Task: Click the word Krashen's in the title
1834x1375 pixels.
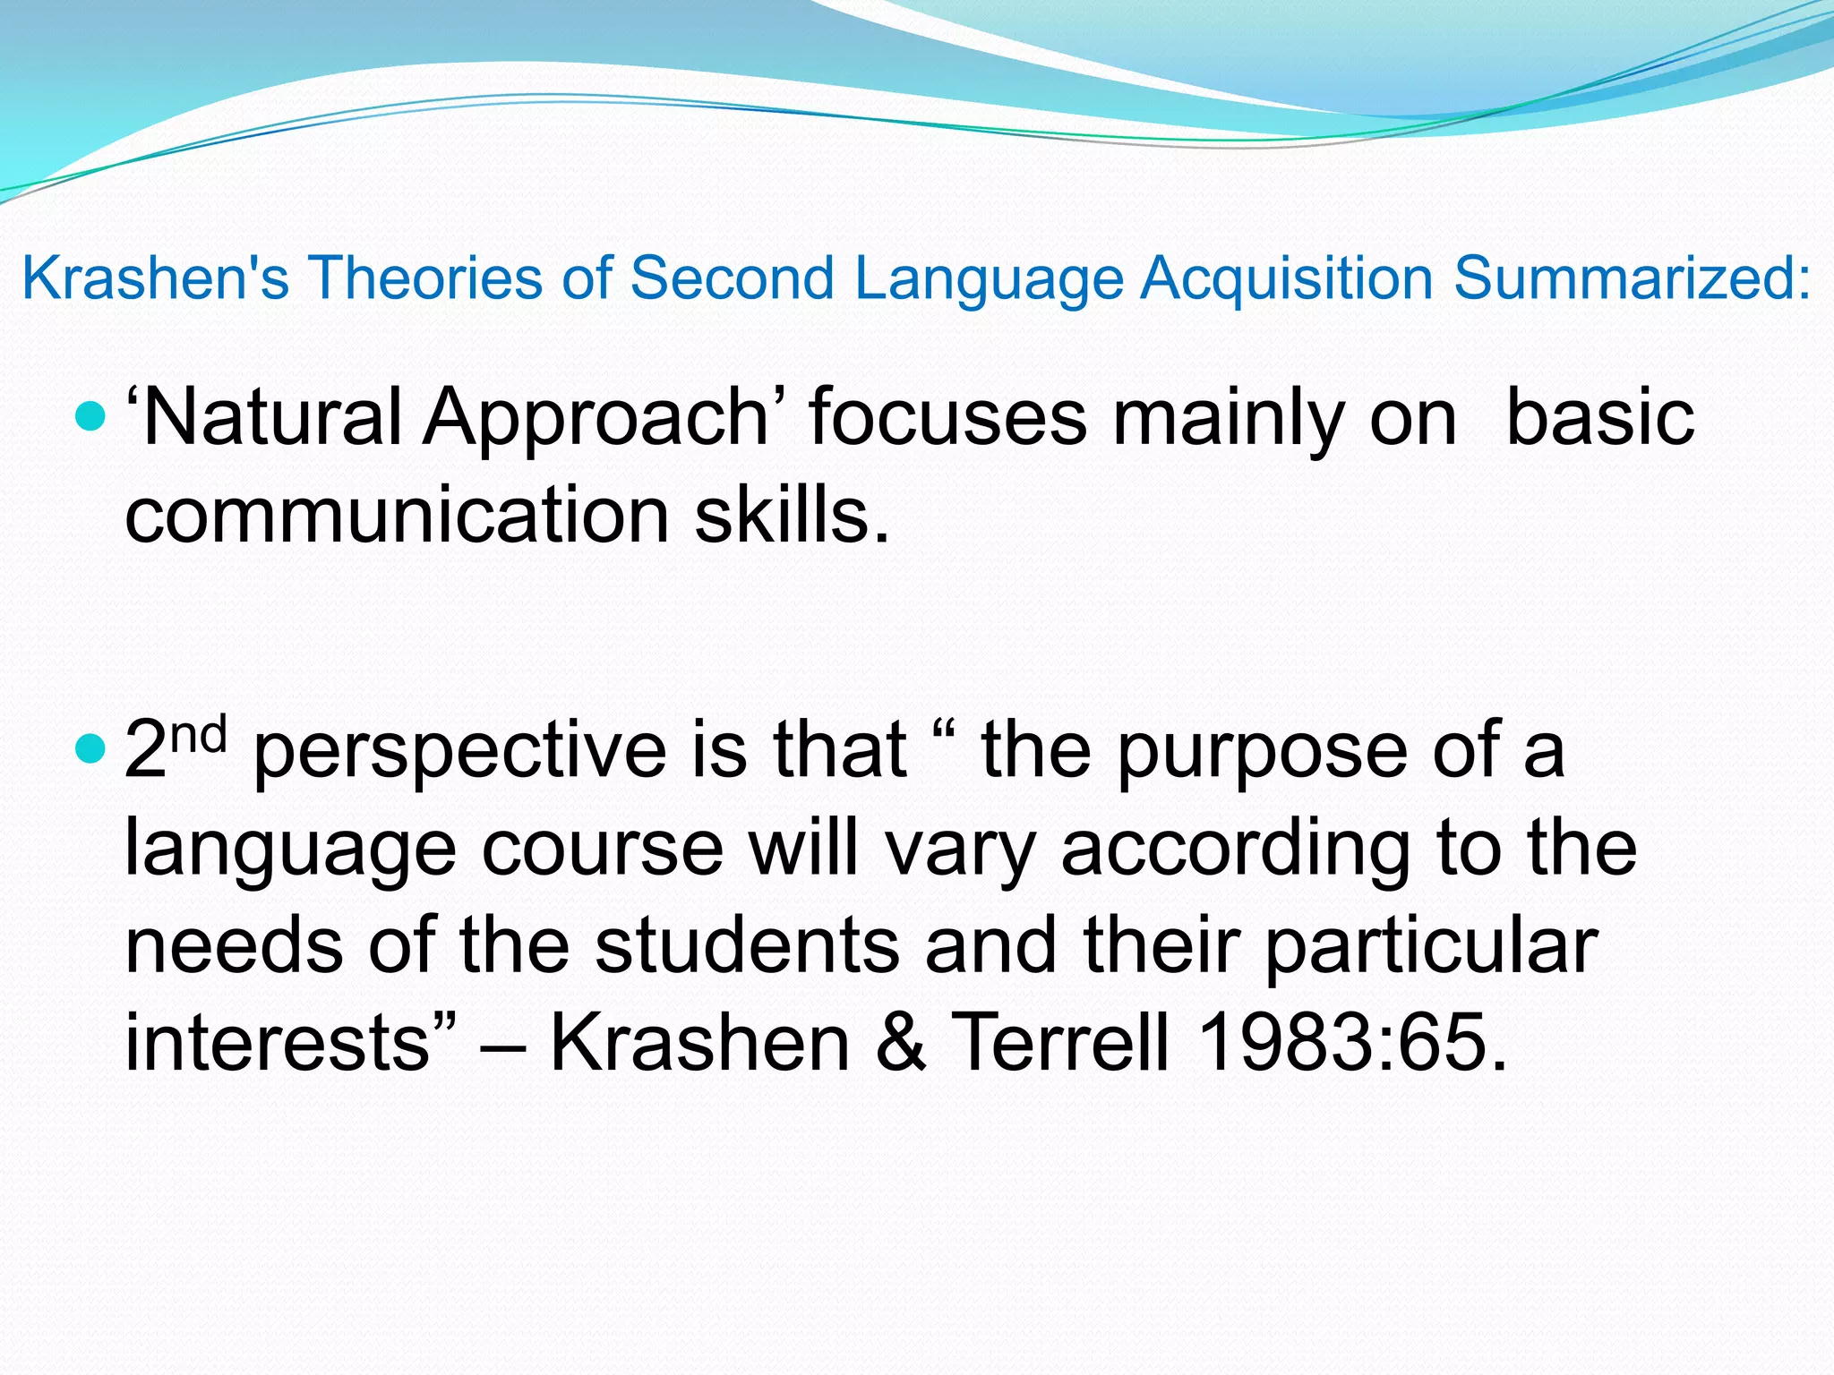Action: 155,278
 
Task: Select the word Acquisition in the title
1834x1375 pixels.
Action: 1289,278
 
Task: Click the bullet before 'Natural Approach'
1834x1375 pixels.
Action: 90,416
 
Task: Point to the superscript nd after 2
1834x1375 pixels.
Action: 198,734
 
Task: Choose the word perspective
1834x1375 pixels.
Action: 460,752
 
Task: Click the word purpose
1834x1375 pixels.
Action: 1262,752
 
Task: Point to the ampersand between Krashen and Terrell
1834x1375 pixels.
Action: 900,1042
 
